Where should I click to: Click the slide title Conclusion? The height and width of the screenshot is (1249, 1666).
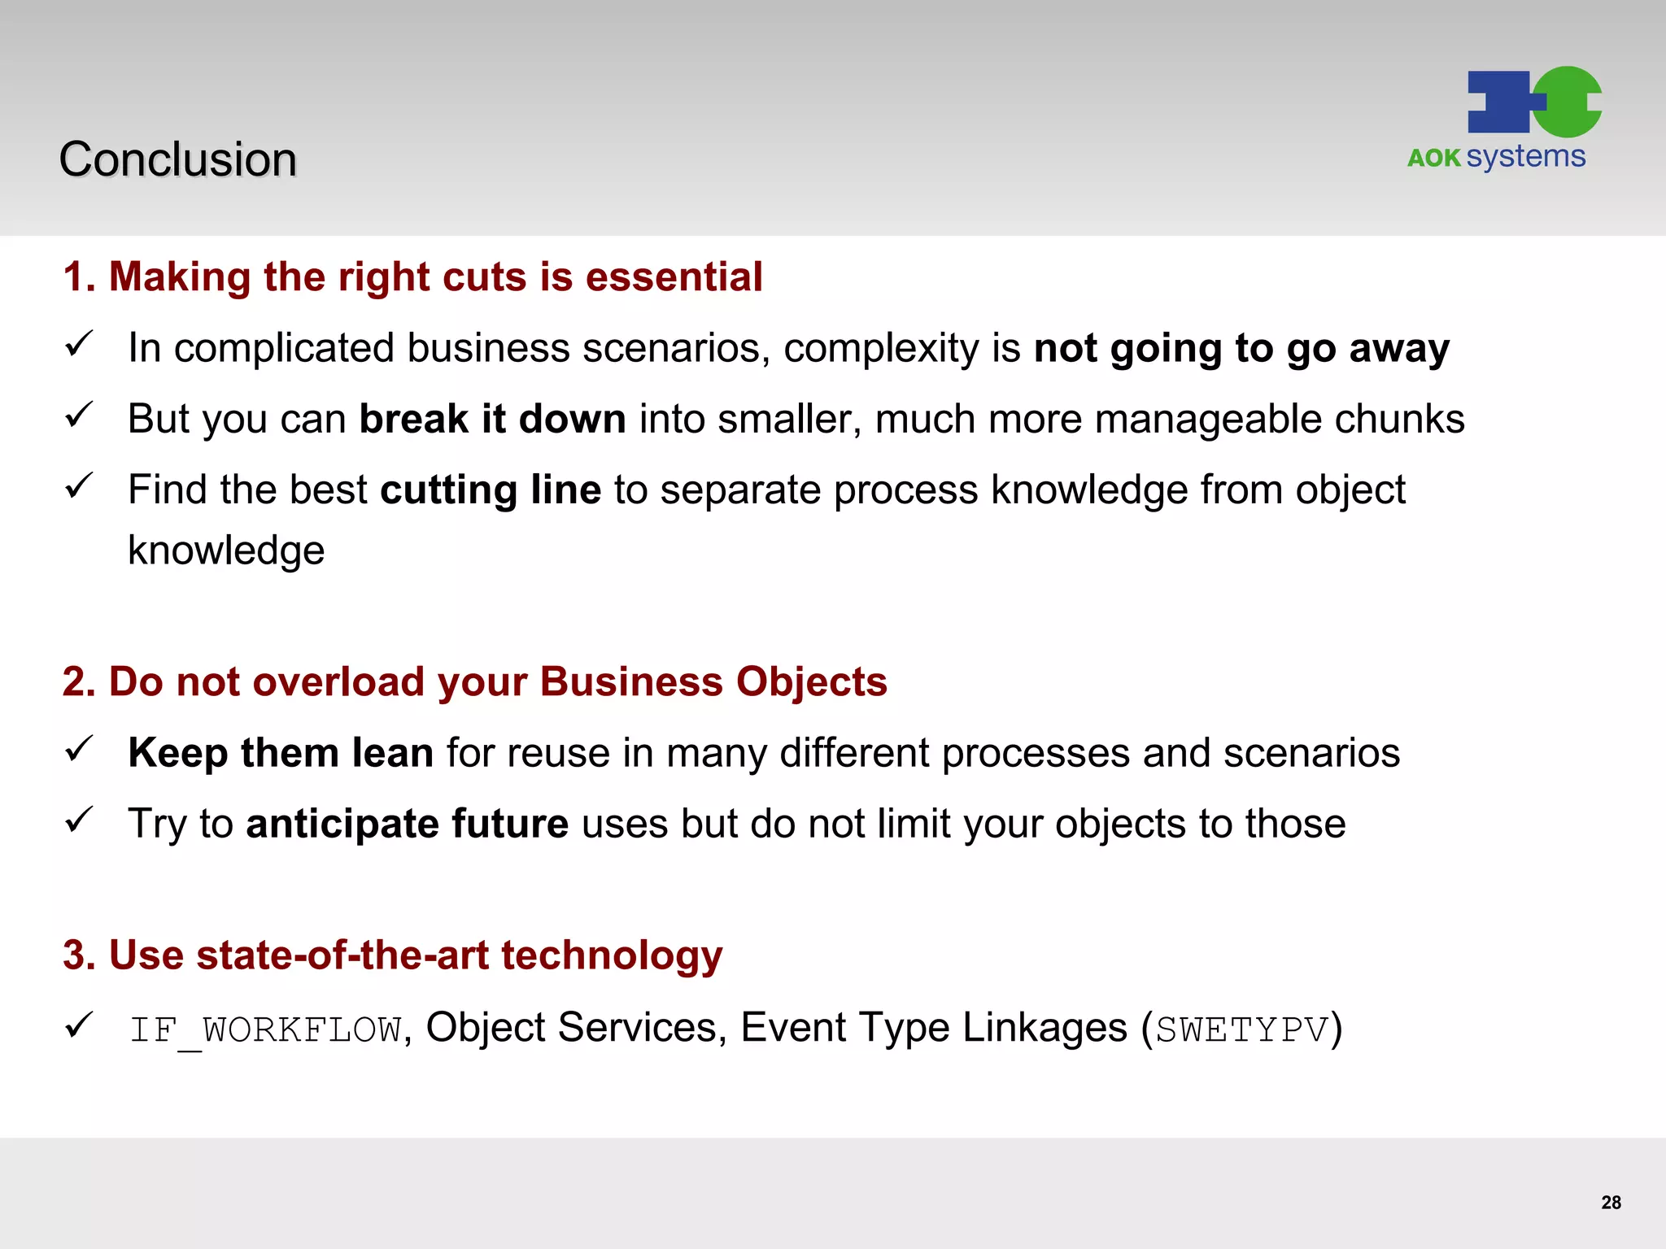[x=177, y=159]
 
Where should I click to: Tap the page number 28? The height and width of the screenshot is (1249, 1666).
[x=1611, y=1203]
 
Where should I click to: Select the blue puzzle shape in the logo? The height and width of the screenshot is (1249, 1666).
[x=1502, y=102]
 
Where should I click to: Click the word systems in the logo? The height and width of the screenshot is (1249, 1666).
[x=1526, y=156]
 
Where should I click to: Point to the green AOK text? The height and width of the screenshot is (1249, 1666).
[x=1434, y=158]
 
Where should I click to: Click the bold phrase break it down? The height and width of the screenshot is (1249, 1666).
[x=492, y=420]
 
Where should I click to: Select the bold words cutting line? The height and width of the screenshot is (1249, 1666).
[x=491, y=490]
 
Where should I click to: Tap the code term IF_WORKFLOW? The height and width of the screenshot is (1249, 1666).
[x=265, y=1029]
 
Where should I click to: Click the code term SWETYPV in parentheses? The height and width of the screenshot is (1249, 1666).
[x=1241, y=1029]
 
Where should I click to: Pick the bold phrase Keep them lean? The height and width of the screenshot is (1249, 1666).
[x=281, y=752]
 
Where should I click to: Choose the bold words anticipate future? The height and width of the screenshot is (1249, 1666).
[x=407, y=824]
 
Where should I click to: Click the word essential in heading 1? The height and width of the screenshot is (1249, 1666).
[x=674, y=277]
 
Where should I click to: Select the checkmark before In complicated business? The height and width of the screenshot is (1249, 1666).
[x=80, y=344]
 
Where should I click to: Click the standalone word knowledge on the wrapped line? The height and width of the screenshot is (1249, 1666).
[x=226, y=551]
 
